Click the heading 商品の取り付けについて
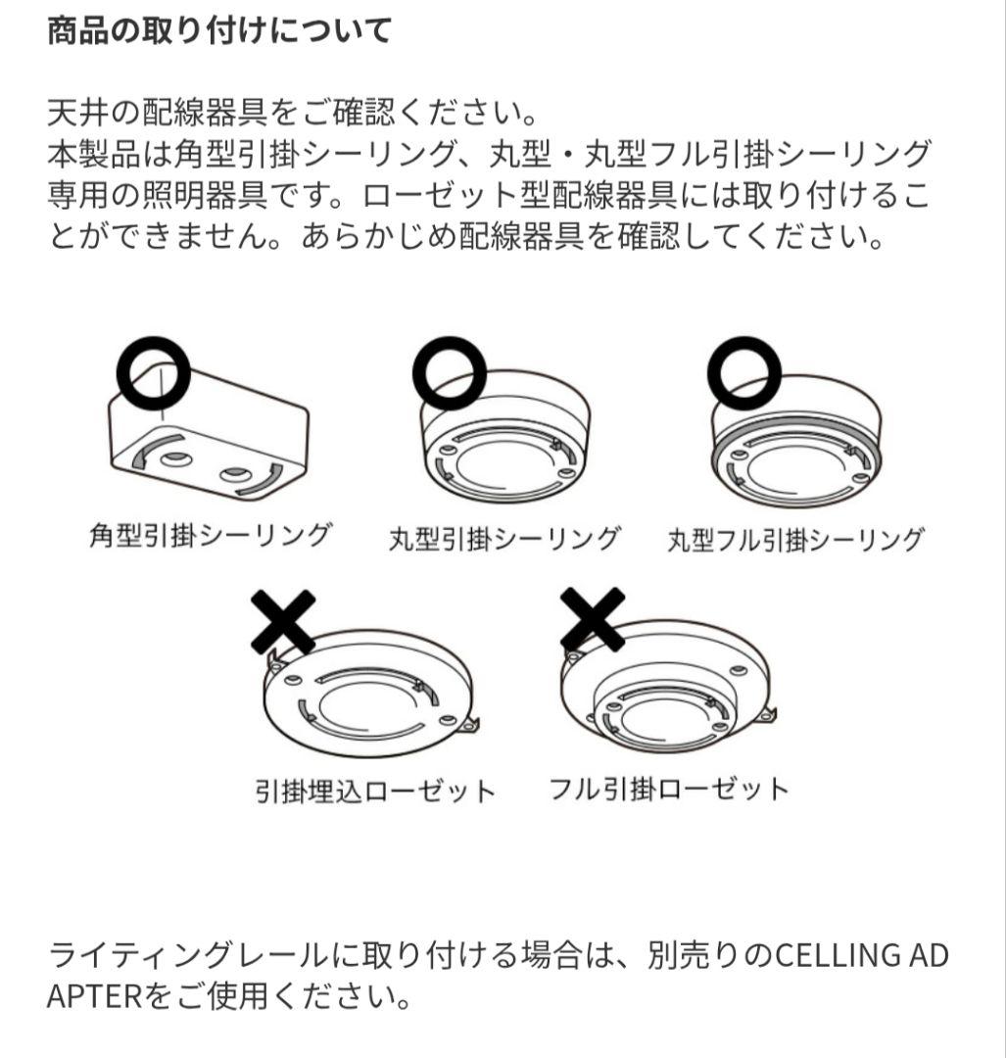(219, 30)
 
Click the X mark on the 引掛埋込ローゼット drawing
(283, 622)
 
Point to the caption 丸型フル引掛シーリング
(795, 540)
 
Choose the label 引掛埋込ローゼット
(374, 791)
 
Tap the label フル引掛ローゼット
(670, 789)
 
